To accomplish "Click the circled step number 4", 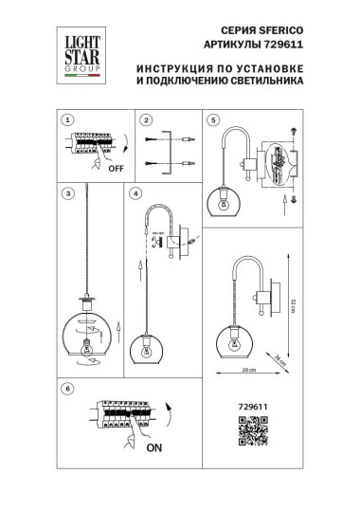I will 136,194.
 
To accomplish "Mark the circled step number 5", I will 214,120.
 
